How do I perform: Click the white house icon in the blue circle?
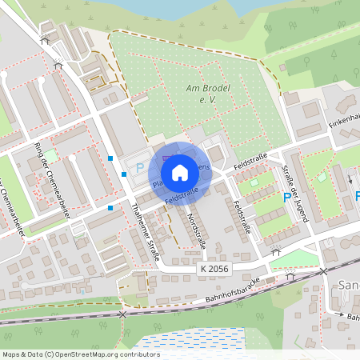(x=180, y=172)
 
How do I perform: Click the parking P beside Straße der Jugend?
(x=287, y=198)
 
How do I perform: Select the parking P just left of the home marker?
(x=139, y=168)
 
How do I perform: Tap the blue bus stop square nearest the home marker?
(x=124, y=174)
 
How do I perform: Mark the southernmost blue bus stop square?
(x=110, y=208)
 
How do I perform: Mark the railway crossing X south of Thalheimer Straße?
(x=122, y=314)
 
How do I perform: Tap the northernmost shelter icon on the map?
(x=46, y=38)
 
